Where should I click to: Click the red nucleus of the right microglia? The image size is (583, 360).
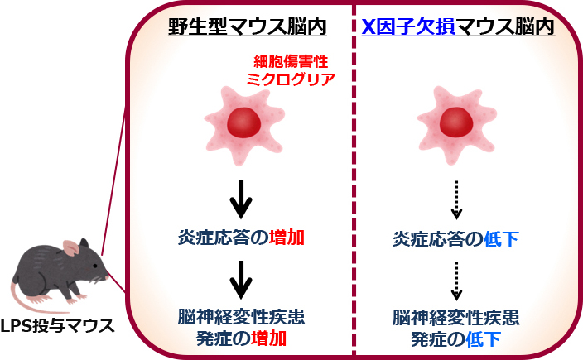click(456, 123)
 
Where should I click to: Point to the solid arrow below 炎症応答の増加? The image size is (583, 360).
click(241, 279)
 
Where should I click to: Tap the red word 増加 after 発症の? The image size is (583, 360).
click(272, 338)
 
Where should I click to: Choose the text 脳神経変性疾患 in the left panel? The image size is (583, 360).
click(241, 317)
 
